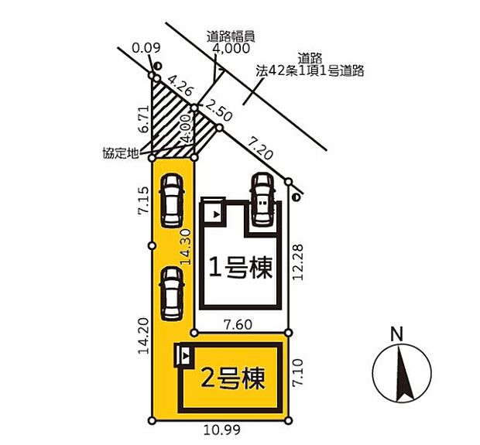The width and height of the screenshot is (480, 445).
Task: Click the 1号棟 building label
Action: tap(240, 269)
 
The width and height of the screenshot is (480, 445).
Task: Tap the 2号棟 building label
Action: tap(232, 379)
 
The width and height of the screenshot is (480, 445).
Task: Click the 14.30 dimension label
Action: tap(185, 247)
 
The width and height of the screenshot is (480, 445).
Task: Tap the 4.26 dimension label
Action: tap(180, 84)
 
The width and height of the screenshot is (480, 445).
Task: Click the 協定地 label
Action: tap(120, 153)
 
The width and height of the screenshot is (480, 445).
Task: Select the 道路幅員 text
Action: tap(231, 35)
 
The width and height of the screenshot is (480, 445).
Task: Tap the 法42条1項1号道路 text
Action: tap(310, 70)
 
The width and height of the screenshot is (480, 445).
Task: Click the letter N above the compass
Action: tap(396, 334)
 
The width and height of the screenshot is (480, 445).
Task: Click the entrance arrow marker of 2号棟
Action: tap(185, 358)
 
